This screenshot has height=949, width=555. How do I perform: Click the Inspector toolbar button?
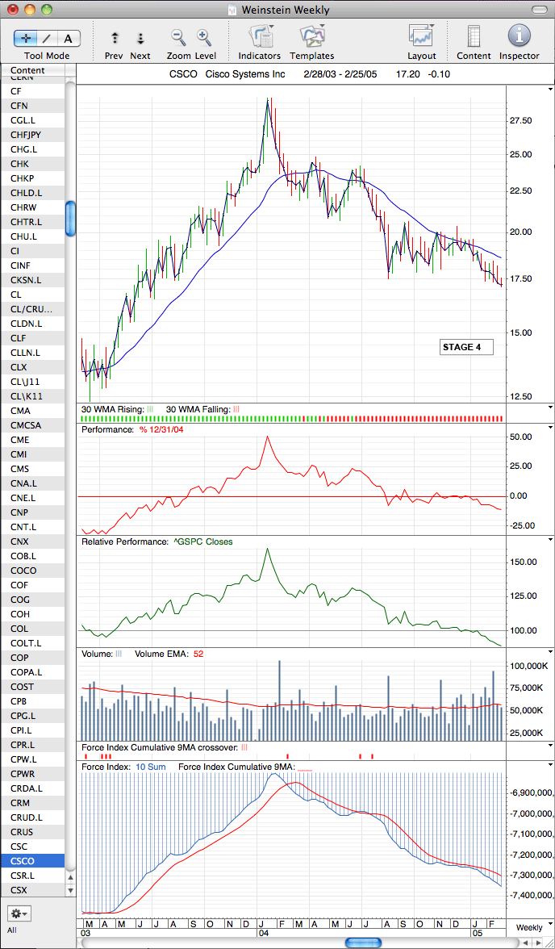[520, 36]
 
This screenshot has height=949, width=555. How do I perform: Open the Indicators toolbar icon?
[261, 36]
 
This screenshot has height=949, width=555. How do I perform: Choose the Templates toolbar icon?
[312, 36]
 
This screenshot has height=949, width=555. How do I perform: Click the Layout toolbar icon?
[422, 36]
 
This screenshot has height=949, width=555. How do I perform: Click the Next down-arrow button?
[140, 38]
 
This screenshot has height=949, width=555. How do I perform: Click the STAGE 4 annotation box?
[466, 347]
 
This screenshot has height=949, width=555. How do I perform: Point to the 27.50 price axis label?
[520, 120]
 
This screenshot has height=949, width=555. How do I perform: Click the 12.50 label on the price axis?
[520, 396]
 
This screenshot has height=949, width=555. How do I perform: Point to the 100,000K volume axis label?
[529, 667]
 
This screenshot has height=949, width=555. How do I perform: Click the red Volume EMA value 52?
[198, 654]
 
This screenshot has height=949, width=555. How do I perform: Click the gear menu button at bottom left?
[19, 912]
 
